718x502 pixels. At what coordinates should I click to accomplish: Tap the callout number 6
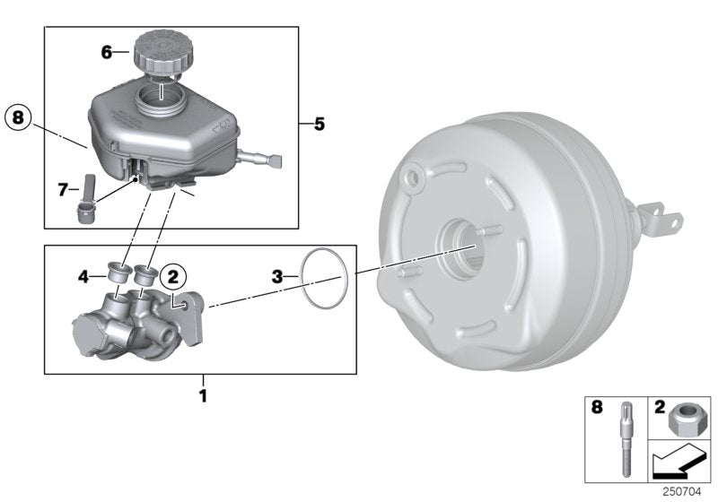click(106, 53)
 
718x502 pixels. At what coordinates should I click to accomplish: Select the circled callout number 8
click(20, 117)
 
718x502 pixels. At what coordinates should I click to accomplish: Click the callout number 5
click(319, 124)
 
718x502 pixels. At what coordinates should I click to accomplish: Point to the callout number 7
click(63, 189)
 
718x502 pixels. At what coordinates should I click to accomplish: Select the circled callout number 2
click(174, 278)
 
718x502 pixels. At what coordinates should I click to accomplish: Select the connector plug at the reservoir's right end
click(275, 162)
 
